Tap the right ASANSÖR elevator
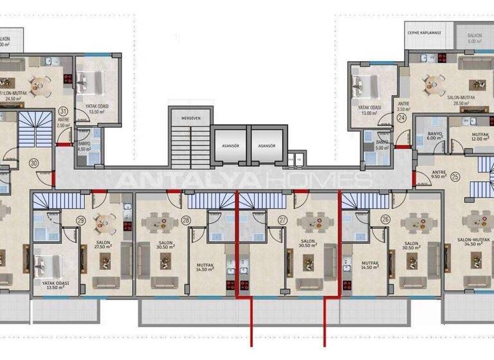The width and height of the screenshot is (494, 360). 266,145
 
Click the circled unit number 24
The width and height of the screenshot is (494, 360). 401,118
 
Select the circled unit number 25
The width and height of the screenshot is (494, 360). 455,177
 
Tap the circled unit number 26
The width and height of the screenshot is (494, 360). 385,220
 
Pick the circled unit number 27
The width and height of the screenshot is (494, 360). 282,220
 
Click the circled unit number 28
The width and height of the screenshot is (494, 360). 186,220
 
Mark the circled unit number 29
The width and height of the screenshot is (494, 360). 80,220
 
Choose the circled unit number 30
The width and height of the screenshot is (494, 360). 33,164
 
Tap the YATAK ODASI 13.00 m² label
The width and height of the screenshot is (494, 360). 369,110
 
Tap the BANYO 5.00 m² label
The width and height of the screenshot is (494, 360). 382,144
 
